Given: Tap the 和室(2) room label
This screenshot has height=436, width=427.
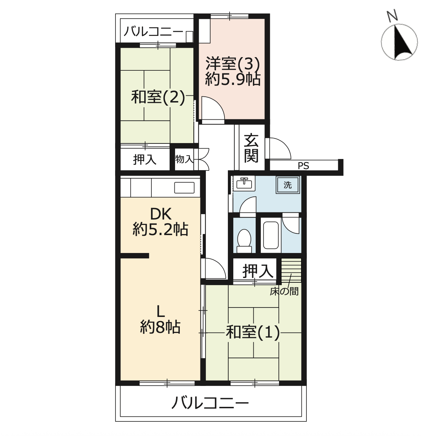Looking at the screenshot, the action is point(158,97).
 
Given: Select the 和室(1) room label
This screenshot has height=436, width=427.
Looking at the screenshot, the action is point(253,332).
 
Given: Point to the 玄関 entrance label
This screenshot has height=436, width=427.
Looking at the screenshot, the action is point(251,148).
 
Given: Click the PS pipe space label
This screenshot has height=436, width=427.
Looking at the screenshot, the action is point(303,166).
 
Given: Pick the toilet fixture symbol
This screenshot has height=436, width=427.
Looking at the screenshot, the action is point(244,241).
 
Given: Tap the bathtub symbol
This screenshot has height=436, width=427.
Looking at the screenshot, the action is point(271,235).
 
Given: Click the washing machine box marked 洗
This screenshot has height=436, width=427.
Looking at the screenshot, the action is point(288,185).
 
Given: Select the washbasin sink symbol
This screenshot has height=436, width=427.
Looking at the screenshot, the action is point(244,183).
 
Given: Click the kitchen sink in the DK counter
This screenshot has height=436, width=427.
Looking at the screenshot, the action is point(184,187).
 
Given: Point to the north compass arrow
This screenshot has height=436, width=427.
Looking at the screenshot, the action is point(403,42).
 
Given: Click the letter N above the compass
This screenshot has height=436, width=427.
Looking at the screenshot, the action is point(392,16).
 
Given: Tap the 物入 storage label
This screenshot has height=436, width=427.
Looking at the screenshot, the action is point(184,159).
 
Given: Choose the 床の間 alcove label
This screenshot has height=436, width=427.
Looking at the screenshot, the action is point(284,292).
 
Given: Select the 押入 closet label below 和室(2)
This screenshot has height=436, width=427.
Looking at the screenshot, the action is point(145,160).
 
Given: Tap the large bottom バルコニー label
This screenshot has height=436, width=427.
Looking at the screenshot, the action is point(210,403).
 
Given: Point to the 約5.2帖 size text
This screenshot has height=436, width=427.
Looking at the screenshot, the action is point(161,229).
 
